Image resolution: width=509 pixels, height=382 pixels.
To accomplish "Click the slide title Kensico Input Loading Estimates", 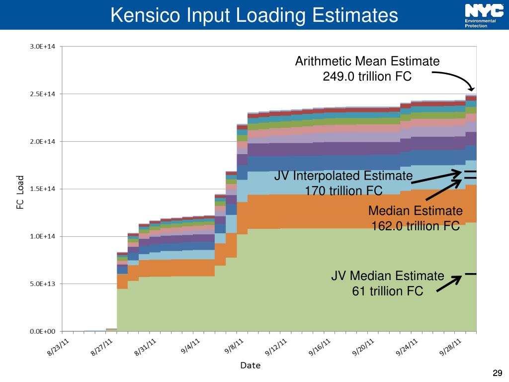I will (x=254, y=15).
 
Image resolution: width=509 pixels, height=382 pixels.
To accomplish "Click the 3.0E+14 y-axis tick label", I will (x=44, y=47).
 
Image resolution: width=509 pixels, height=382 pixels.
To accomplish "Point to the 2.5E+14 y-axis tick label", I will (x=44, y=94).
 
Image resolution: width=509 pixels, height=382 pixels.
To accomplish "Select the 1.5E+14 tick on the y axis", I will (x=44, y=189).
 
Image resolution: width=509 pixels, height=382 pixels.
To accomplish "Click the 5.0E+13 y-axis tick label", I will (x=44, y=284).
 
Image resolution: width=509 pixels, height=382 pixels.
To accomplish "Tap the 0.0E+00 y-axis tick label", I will (x=44, y=331).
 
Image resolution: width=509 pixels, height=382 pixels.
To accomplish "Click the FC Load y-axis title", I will (x=20, y=191).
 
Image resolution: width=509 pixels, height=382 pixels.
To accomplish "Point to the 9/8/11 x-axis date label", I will (x=233, y=346).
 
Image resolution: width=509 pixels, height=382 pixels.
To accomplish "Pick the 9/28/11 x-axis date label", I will (x=452, y=347).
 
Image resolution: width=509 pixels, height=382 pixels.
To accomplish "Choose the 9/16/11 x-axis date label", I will (x=321, y=347).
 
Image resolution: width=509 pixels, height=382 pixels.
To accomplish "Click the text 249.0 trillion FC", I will (x=367, y=77).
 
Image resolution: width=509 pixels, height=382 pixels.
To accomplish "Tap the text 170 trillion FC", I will (x=343, y=191).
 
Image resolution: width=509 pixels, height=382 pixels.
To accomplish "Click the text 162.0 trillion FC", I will (x=416, y=226).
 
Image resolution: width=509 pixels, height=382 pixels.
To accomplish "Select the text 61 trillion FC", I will (x=388, y=290).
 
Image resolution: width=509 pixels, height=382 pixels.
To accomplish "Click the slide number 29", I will (x=497, y=373).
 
